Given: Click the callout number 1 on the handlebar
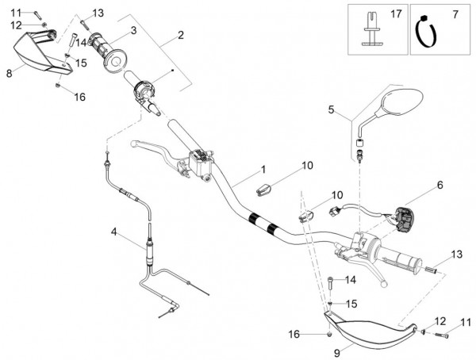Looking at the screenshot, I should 263,170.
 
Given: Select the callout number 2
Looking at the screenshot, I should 181,35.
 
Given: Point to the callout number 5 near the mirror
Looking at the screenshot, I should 332,109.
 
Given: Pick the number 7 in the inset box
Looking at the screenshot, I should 455,15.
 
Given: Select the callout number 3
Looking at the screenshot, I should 133,30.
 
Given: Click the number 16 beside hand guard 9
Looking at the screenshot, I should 294,334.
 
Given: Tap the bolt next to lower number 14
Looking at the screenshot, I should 329,281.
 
